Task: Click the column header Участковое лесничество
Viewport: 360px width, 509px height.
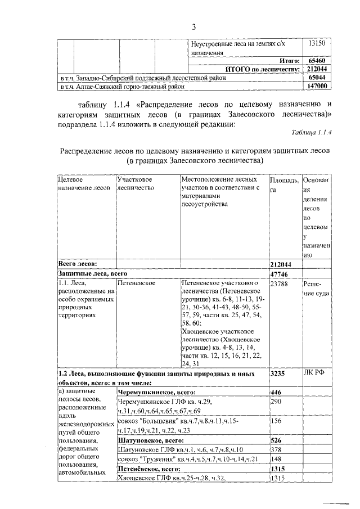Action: coord(136,183)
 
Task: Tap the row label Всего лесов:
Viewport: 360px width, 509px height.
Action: coord(78,263)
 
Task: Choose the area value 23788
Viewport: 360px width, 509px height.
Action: coord(280,285)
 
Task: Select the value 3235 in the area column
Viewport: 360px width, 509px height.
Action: coord(278,372)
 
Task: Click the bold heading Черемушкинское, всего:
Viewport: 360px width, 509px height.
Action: coord(156,391)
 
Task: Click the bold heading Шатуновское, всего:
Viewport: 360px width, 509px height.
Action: coord(151,440)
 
